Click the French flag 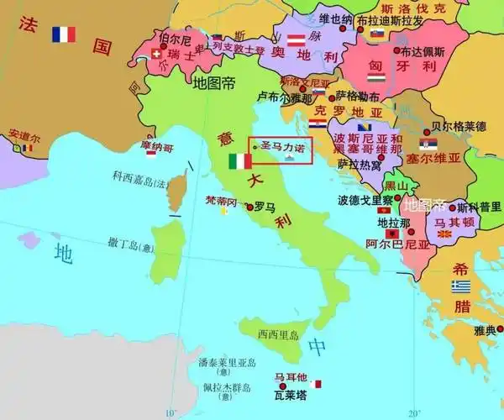point(63,34)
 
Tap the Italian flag point(240,160)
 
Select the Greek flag point(460,286)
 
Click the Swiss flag point(157,56)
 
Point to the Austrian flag point(296,39)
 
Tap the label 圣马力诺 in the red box point(281,144)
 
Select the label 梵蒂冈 point(221,202)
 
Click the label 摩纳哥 point(157,147)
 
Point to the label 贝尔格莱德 point(459,127)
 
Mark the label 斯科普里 point(480,207)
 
